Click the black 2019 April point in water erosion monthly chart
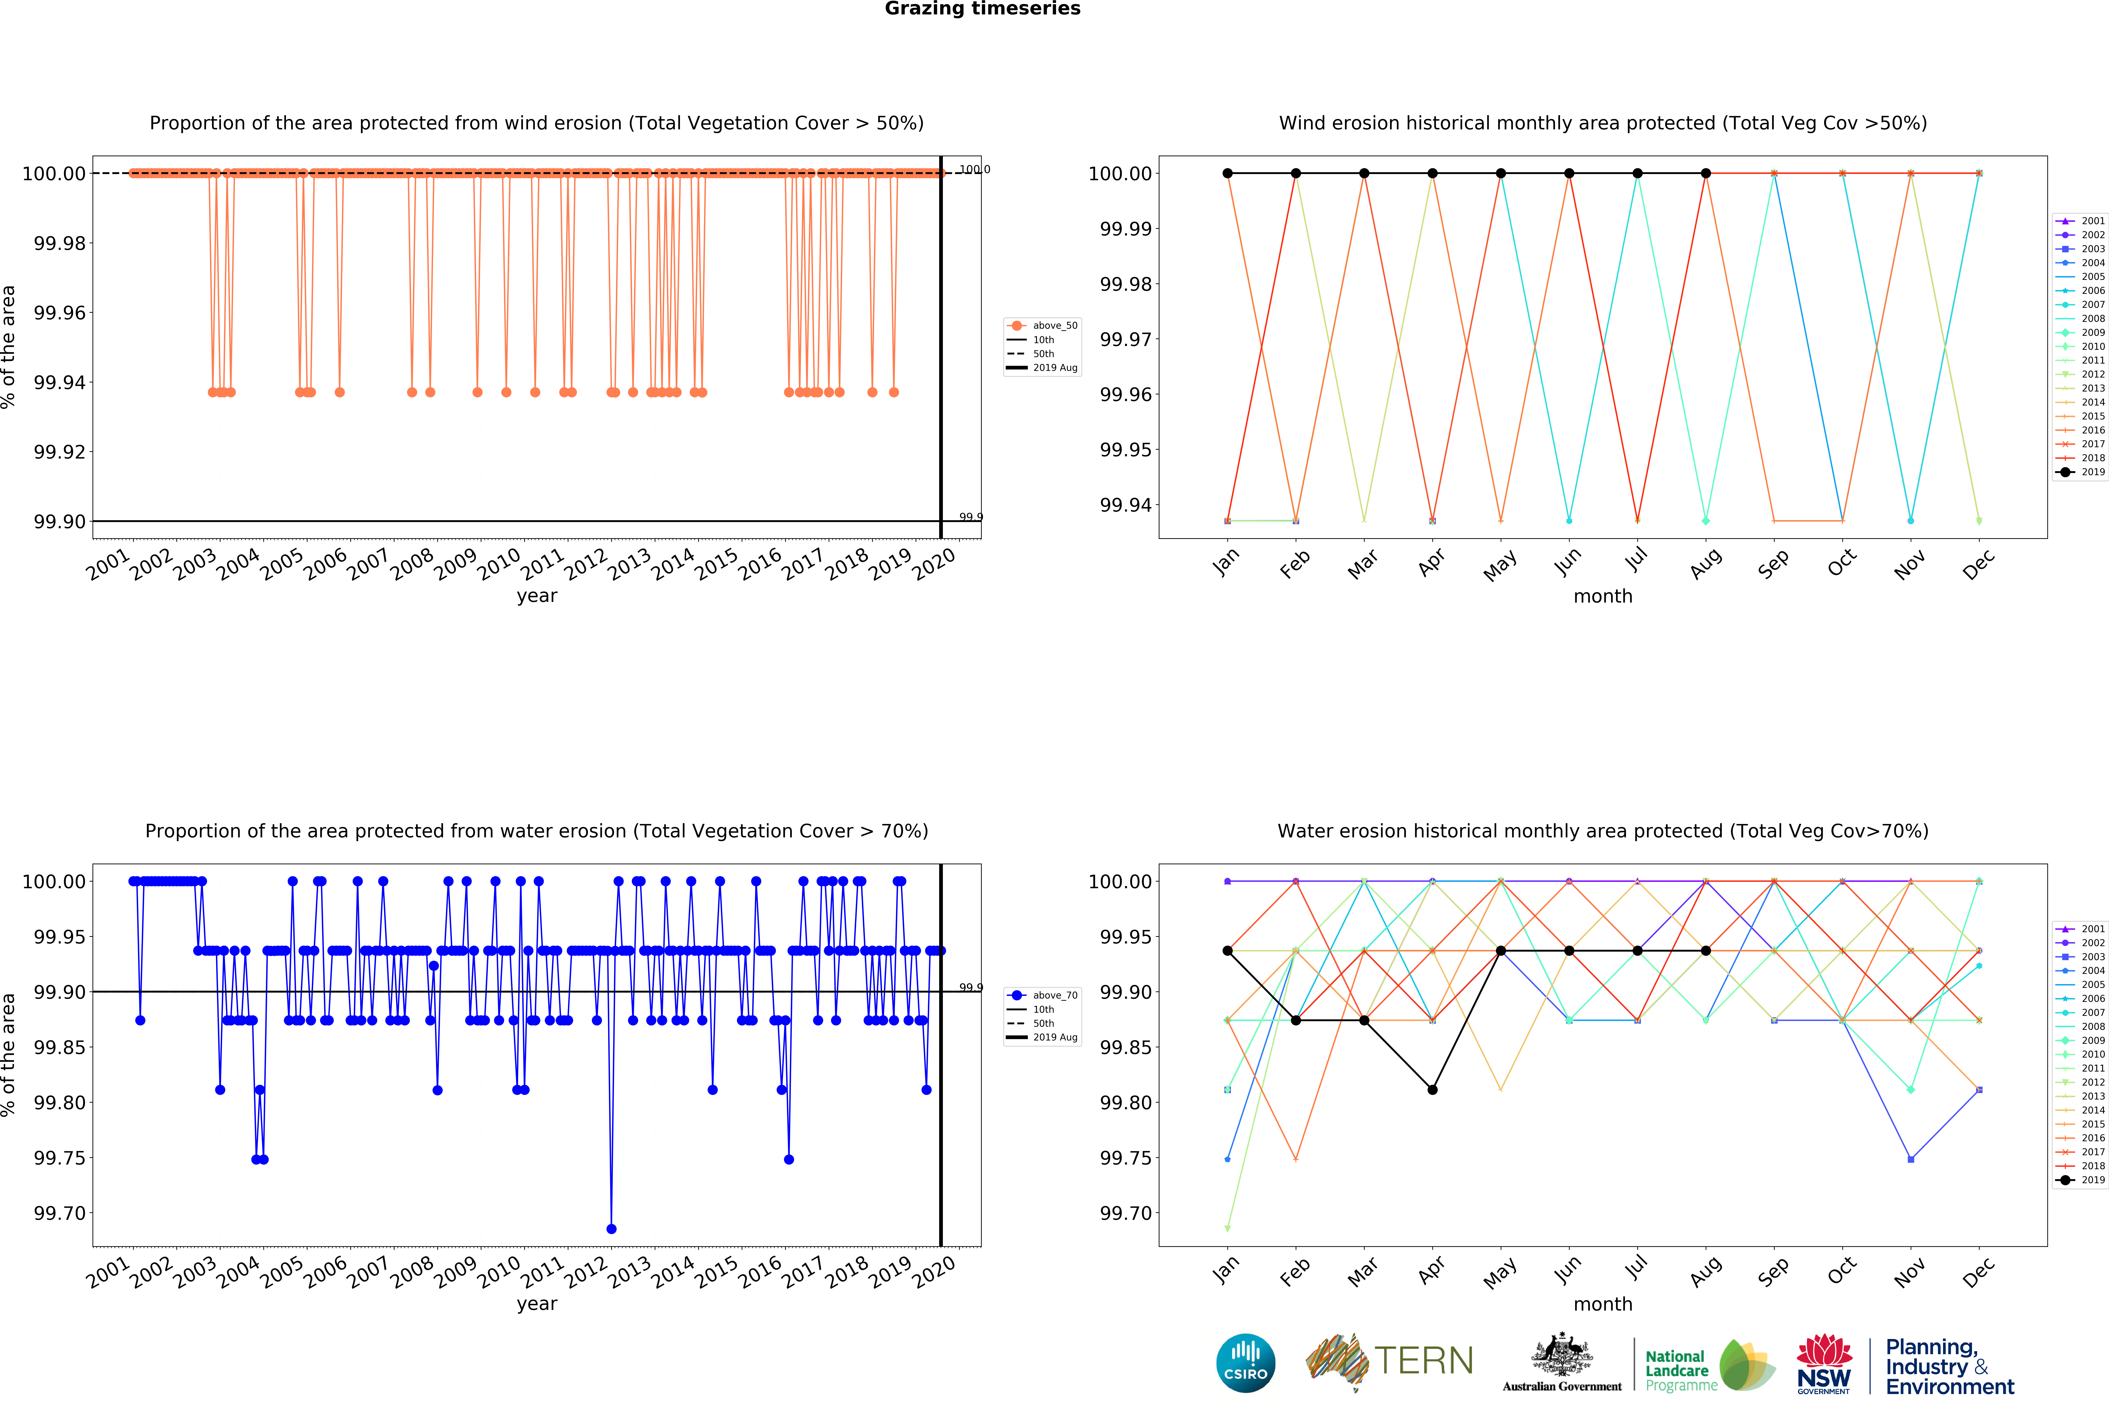tap(1432, 1090)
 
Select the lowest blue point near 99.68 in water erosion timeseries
tap(611, 1229)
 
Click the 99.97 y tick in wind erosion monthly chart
tap(1125, 339)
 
